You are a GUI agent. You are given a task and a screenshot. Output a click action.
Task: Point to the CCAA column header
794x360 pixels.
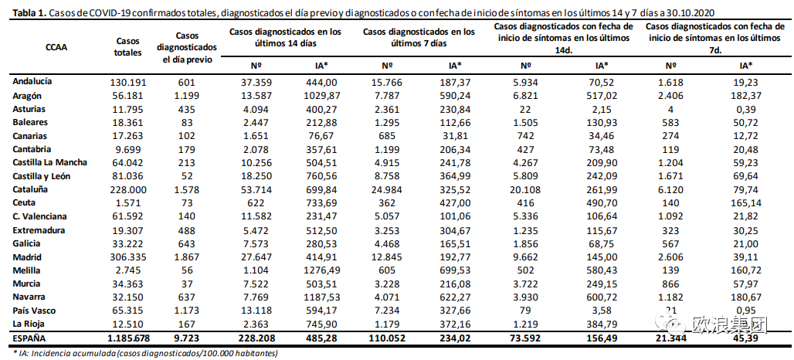point(56,46)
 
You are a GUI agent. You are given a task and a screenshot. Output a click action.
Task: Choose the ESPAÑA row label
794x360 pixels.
point(29,338)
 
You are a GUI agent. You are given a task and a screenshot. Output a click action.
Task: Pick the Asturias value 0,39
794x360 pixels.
point(741,108)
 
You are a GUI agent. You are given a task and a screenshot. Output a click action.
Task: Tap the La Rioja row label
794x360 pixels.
point(30,324)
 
